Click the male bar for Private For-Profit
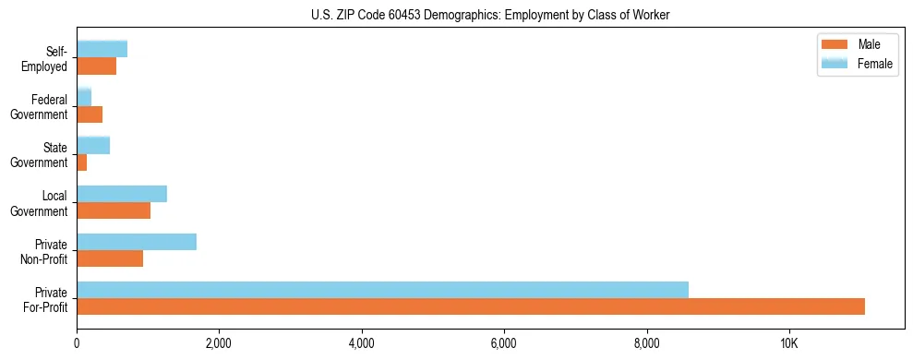pos(471,306)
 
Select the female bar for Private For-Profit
pos(382,290)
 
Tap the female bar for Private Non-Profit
pos(137,242)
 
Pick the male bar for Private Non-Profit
pos(110,258)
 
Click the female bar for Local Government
pos(122,194)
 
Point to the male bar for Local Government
pos(114,210)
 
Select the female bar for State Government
pos(93,146)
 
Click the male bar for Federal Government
pos(90,114)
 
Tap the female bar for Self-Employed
pos(102,50)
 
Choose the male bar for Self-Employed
pos(96,66)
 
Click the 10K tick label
pos(789,342)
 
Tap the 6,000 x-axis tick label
pos(504,342)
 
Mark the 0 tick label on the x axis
pos(77,342)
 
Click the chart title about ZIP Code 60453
pos(490,14)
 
